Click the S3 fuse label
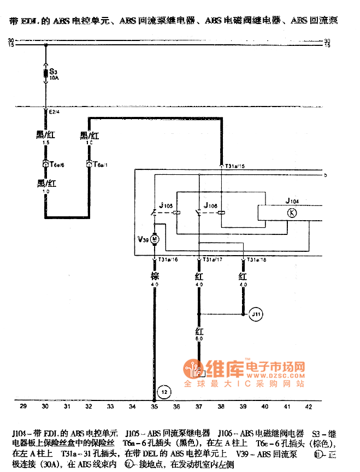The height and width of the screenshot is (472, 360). tap(53, 71)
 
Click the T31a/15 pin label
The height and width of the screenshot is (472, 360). tap(235, 166)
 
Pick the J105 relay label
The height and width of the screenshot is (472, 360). tap(166, 206)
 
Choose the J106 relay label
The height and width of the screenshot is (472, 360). tap(210, 206)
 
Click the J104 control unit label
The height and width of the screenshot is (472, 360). tap(292, 201)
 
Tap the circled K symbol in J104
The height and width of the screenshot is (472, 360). tap(292, 213)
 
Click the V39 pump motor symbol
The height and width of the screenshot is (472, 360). tap(155, 239)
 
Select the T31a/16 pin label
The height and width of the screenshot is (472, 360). tap(168, 260)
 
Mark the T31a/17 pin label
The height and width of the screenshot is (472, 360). tap(213, 260)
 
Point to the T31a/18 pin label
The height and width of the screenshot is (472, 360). tap(257, 260)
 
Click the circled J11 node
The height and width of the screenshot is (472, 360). tap(256, 315)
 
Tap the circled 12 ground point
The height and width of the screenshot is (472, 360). tap(164, 391)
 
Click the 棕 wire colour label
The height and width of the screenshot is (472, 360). tap(155, 277)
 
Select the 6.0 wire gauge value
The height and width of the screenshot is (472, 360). tap(199, 339)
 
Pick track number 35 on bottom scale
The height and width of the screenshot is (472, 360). tap(155, 406)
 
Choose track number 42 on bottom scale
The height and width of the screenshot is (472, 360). tap(309, 406)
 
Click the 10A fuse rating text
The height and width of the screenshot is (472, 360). tap(54, 78)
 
